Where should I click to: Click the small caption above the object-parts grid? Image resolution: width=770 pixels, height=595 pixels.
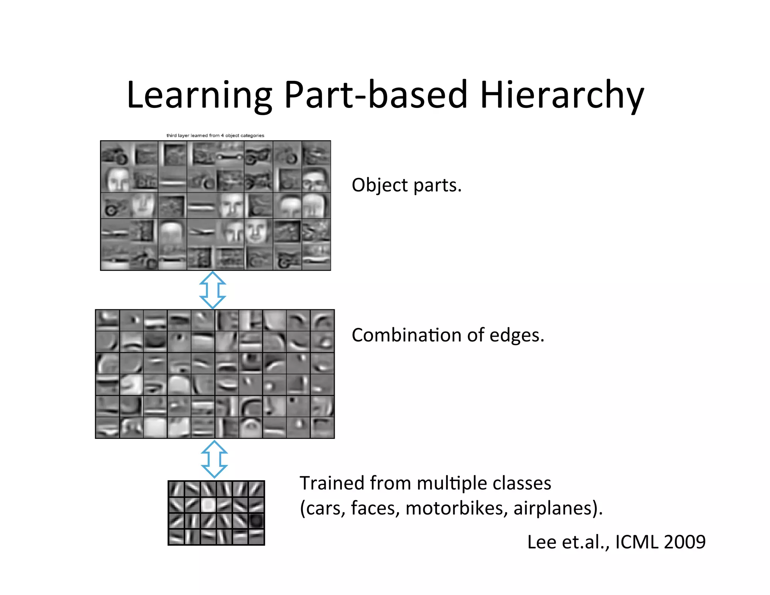tap(215, 135)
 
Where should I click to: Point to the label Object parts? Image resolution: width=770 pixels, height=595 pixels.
tap(406, 185)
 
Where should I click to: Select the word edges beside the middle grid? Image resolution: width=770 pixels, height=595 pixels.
tap(517, 335)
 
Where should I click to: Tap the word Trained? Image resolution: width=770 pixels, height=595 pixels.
tap(332, 483)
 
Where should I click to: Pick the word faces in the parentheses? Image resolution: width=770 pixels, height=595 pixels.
tap(374, 508)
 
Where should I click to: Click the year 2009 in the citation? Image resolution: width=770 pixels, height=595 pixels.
tap(685, 542)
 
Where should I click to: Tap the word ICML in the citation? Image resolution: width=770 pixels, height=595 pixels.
tap(637, 542)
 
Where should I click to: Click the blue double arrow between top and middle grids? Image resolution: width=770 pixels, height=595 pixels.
tap(212, 290)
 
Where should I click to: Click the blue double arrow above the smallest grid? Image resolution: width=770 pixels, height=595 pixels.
tap(214, 459)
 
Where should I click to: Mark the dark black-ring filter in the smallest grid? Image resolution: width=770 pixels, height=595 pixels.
tap(256, 521)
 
